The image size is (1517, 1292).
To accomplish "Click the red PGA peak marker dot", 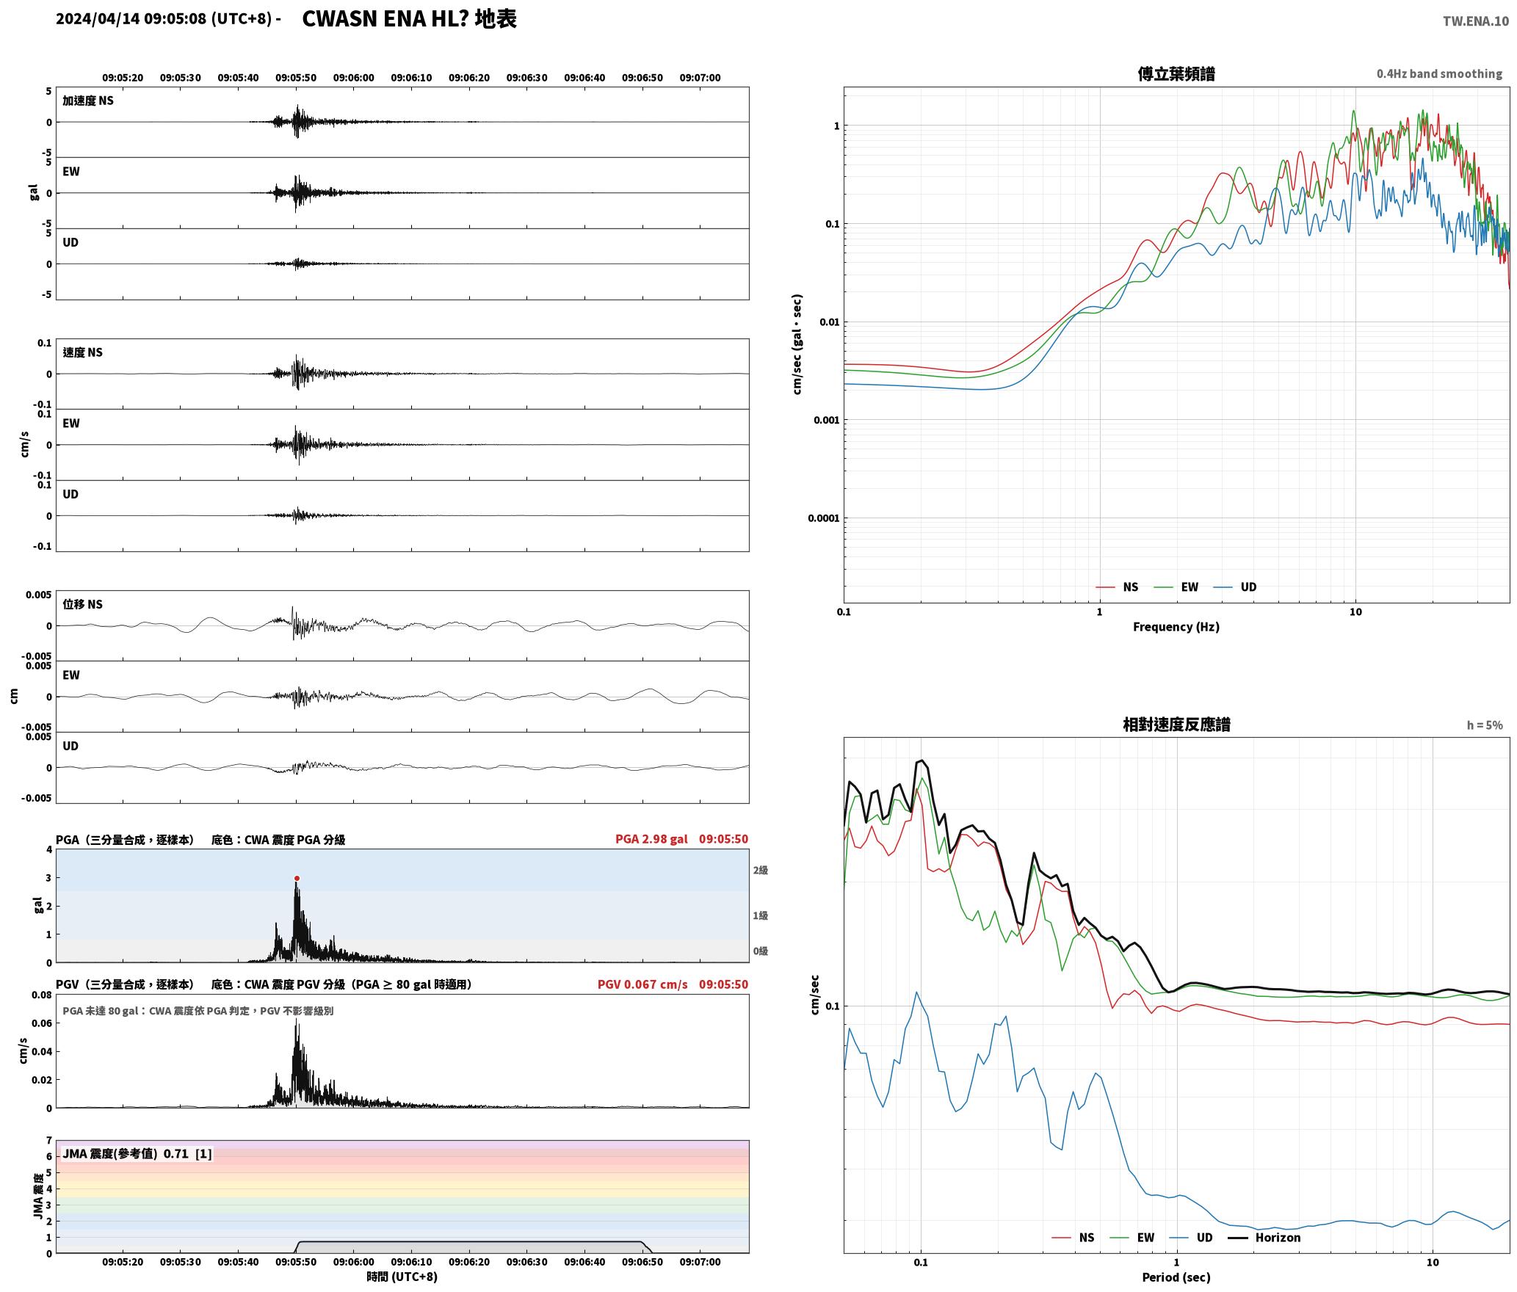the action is coord(297,878).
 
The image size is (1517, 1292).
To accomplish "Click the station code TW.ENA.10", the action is coord(1476,21).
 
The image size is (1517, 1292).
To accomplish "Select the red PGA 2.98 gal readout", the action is coord(651,839).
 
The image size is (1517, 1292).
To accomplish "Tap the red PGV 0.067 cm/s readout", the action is coord(642,984).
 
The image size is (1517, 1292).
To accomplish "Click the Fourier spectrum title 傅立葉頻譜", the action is coord(1176,73).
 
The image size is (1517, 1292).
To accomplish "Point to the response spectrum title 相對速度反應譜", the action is coord(1176,725).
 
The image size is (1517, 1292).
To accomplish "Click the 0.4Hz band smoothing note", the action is coord(1439,73).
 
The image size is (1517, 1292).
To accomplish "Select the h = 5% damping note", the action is coord(1485,725).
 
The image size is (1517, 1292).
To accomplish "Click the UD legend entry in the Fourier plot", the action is coord(1235,587).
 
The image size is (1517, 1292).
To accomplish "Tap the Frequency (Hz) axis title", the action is coord(1176,626).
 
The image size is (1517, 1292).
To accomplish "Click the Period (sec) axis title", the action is coord(1176,1277).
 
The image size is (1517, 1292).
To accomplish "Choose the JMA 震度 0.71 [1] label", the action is coord(137,1153).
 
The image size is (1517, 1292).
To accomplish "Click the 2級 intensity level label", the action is coord(760,870).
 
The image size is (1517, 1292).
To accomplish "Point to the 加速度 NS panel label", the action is coord(88,101).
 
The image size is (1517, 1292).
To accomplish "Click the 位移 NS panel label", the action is coord(83,604).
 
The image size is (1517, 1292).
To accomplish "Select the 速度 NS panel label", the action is coord(83,352).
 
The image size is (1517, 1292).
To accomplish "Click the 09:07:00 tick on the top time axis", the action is coord(700,77).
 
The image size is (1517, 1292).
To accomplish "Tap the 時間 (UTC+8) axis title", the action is coord(402,1277).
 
